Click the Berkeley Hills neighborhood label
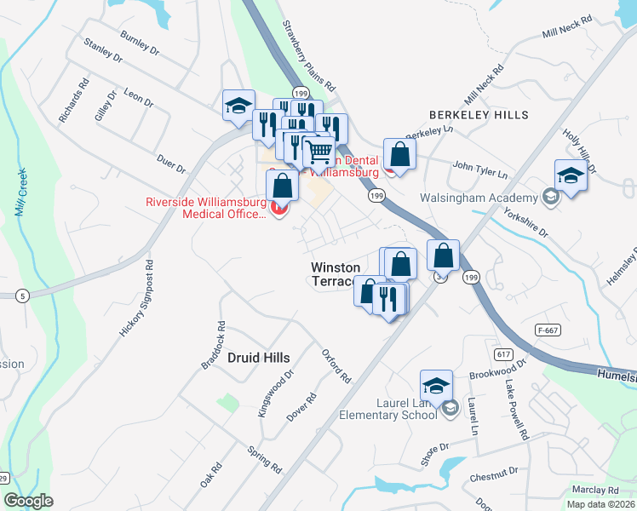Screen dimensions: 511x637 pyautogui.click(x=479, y=114)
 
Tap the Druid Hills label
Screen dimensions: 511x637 pyautogui.click(x=259, y=359)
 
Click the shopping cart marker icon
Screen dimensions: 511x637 pyautogui.click(x=318, y=152)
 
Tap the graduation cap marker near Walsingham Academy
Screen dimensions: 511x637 pyautogui.click(x=571, y=175)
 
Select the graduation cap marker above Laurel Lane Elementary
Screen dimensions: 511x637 pyautogui.click(x=436, y=384)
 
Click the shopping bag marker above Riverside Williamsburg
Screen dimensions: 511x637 pyautogui.click(x=283, y=185)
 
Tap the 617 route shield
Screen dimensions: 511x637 pyautogui.click(x=504, y=352)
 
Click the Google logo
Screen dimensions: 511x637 pyautogui.click(x=28, y=501)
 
